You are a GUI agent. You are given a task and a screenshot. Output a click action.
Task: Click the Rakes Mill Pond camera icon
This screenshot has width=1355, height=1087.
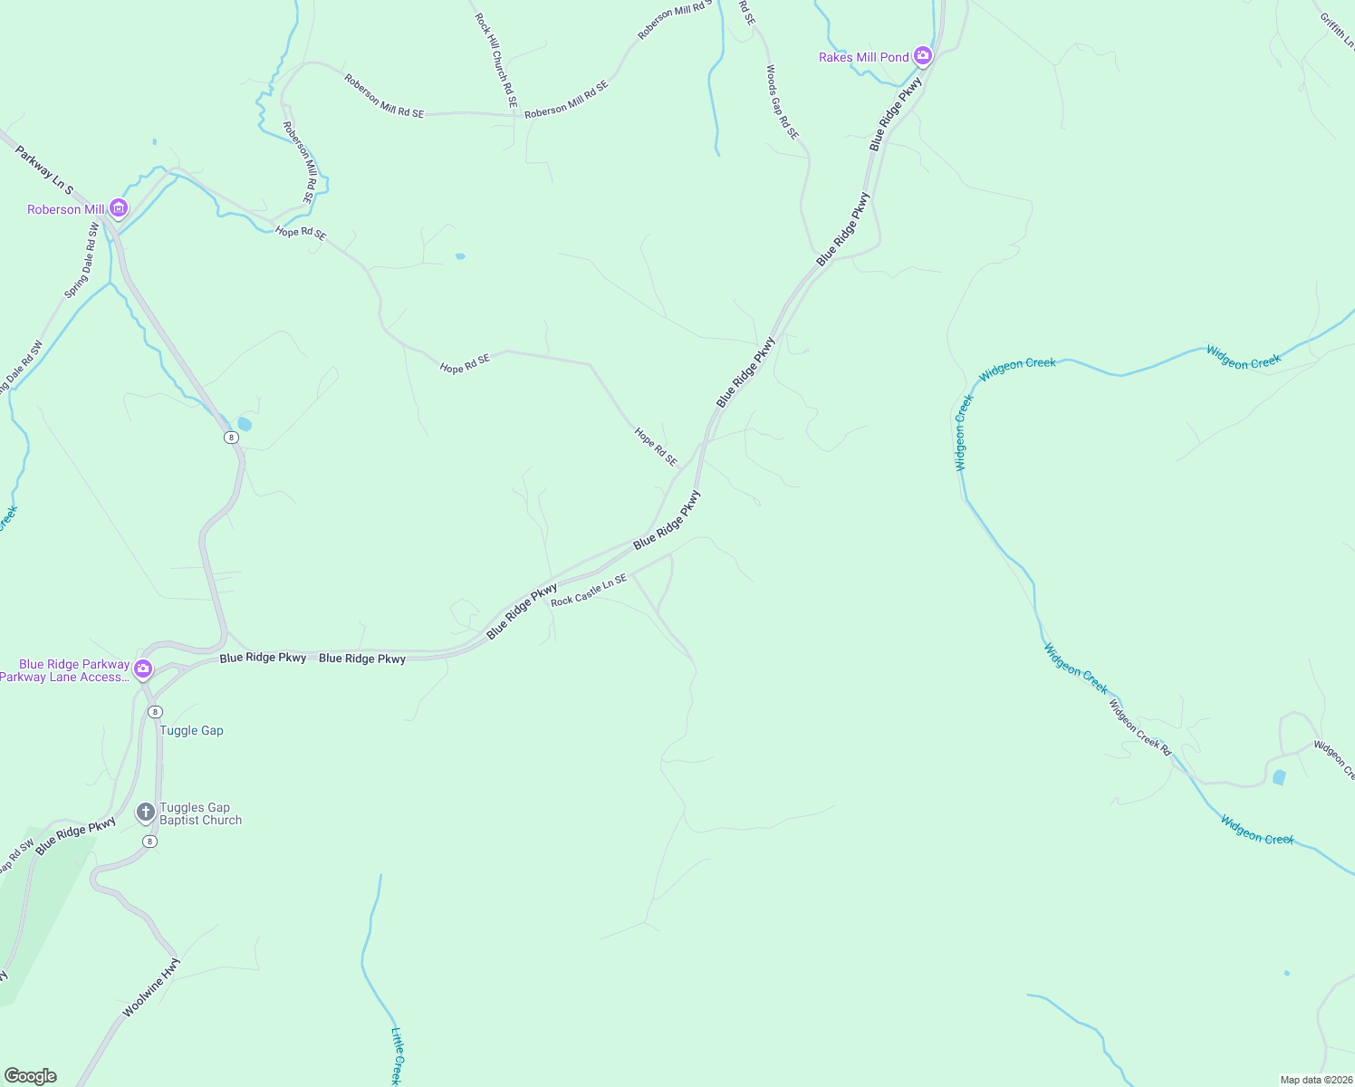click(x=923, y=56)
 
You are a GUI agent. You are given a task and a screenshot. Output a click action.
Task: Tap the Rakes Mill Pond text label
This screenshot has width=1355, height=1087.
click(x=863, y=57)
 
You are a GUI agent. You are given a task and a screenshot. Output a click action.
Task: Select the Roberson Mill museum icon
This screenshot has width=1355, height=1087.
click(x=118, y=209)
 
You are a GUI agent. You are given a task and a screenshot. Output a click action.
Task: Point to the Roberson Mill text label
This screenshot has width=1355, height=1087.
click(x=66, y=209)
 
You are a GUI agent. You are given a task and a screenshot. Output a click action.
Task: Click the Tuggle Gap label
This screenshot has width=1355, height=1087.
click(x=191, y=730)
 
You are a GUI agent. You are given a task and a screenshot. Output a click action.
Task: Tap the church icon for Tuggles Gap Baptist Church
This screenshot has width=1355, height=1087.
click(x=145, y=813)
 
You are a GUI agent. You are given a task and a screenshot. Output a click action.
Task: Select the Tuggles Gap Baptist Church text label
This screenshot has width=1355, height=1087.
click(x=200, y=813)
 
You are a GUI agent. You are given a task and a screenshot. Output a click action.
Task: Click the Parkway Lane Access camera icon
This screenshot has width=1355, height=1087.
click(x=142, y=669)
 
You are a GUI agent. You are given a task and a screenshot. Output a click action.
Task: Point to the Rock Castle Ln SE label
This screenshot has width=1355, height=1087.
click(x=589, y=590)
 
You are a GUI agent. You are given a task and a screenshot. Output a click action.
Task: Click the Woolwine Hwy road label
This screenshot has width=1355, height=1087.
click(x=151, y=987)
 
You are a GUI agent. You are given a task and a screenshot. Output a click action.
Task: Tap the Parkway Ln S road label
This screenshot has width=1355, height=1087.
click(x=43, y=169)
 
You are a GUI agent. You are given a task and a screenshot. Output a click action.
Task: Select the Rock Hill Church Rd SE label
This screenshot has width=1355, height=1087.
click(x=496, y=61)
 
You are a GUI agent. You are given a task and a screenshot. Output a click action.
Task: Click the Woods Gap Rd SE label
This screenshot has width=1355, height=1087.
click(x=783, y=101)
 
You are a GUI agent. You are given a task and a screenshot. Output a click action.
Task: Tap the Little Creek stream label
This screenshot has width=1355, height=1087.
click(x=396, y=1056)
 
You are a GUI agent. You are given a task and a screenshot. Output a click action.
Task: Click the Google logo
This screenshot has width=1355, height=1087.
click(x=30, y=1076)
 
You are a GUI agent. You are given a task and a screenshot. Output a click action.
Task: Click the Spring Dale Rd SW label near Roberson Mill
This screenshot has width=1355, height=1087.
click(x=82, y=261)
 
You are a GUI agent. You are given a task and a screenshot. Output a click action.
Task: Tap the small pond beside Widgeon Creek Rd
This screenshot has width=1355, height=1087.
click(x=1278, y=777)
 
